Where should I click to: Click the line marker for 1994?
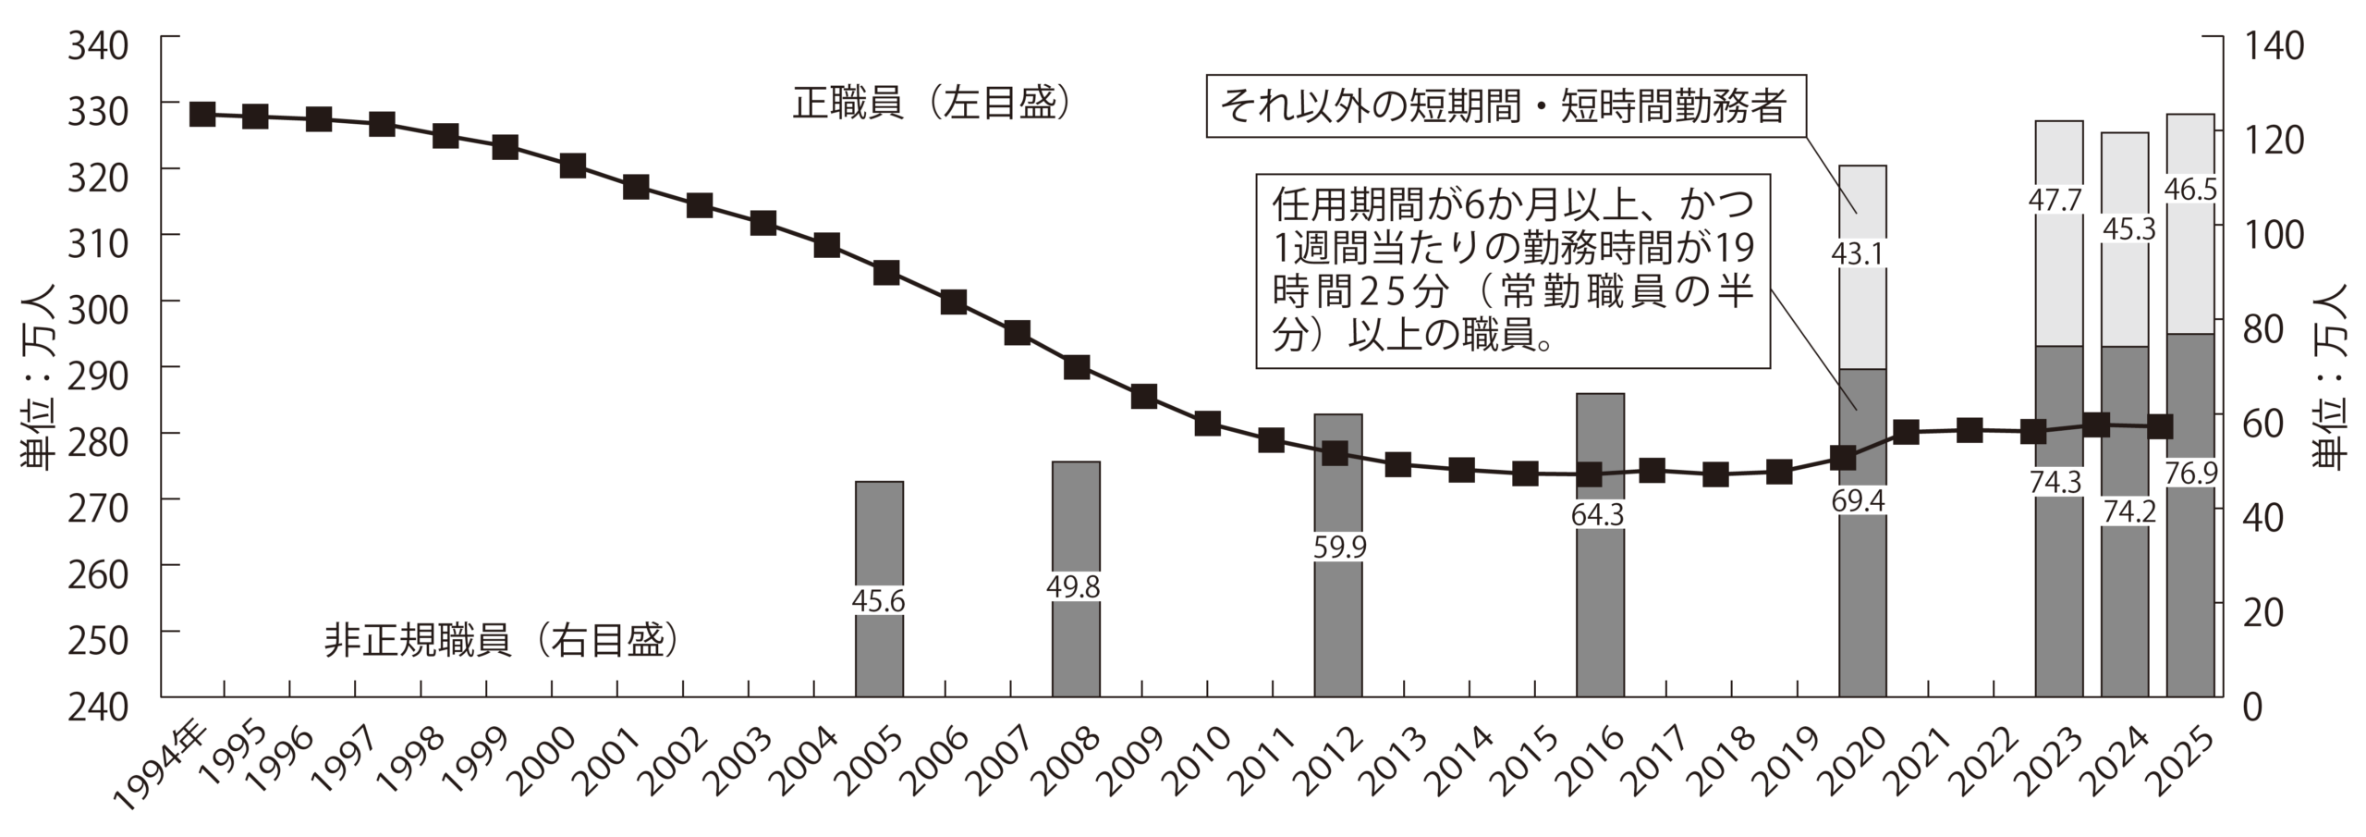[x=202, y=115]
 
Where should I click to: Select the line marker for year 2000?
[x=572, y=166]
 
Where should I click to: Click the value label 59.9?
[x=1339, y=548]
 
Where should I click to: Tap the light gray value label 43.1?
[x=1862, y=253]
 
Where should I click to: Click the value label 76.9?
[x=2190, y=473]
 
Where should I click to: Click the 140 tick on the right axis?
[x=2270, y=45]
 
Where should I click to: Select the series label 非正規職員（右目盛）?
[x=502, y=641]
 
